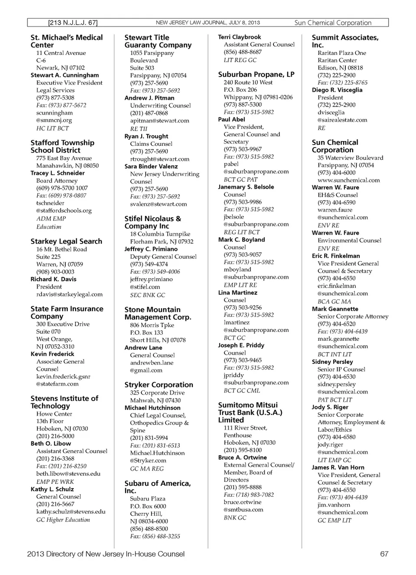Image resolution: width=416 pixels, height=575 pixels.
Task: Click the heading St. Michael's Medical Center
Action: point(66,41)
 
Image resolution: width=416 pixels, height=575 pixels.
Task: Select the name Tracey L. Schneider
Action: point(58,173)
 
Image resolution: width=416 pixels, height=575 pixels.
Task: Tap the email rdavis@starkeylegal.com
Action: point(69,294)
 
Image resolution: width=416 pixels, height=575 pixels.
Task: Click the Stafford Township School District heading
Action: point(62,146)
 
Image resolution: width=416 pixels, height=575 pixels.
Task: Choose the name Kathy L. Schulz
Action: point(52,489)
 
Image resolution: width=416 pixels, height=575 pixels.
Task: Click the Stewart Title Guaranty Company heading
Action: point(158,41)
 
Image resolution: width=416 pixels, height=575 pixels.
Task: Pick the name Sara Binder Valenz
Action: point(151,166)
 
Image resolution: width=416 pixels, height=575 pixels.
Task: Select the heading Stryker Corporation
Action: point(159,385)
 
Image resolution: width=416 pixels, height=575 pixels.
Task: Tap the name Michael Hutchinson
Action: point(153,408)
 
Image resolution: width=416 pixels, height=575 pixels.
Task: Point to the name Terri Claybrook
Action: point(240,37)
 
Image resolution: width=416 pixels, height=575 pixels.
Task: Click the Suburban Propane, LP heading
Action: point(256,74)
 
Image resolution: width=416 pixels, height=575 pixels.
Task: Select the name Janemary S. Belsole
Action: point(246,187)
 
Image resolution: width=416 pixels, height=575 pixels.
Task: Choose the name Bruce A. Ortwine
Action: point(242,457)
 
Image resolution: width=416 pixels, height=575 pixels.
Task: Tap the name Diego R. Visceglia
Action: point(337,90)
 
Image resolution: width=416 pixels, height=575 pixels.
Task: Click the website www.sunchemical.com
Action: point(348,180)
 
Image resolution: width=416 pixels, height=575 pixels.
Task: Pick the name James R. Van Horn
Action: point(338,467)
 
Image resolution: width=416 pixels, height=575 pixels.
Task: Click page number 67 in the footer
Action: point(384,554)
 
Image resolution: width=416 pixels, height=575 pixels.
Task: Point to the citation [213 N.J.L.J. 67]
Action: point(73,22)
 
